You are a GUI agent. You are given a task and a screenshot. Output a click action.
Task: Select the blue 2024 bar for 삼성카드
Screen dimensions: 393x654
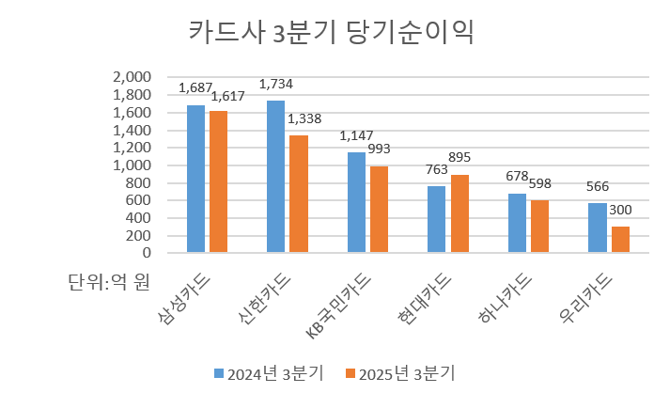click(195, 179)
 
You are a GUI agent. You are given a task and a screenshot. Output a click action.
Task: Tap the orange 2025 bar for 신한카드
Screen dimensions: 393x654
click(299, 194)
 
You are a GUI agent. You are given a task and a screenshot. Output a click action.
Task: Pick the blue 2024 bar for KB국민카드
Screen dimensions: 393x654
click(356, 202)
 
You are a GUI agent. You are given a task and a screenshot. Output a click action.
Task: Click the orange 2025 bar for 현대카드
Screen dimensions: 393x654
click(459, 213)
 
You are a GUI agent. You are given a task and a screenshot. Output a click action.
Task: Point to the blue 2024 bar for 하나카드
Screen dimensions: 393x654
click(517, 223)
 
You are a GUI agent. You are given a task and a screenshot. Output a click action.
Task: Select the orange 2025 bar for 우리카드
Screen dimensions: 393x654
click(620, 239)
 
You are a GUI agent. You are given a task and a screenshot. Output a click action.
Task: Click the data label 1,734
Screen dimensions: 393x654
click(275, 85)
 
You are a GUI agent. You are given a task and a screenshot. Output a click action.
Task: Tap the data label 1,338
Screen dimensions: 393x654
click(304, 118)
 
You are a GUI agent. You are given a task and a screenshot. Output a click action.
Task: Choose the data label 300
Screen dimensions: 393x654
click(620, 210)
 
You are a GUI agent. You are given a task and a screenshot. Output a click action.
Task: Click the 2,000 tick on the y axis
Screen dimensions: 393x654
click(132, 77)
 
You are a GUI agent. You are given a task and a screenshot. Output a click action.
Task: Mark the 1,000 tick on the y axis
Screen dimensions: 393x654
click(132, 165)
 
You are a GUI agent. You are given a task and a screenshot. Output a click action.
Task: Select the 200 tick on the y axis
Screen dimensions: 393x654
click(139, 235)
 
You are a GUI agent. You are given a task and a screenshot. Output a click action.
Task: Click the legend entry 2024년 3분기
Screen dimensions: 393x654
click(270, 373)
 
